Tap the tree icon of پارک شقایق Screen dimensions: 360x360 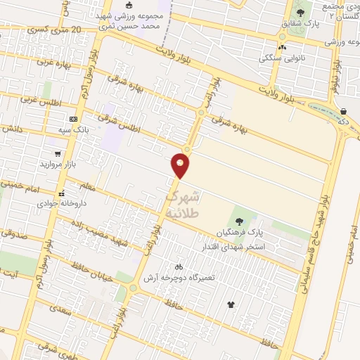click(301, 13)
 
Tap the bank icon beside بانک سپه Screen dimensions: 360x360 click(73, 120)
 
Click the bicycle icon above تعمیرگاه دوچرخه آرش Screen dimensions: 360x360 click(179, 267)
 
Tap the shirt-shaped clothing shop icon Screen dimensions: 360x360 click(231, 304)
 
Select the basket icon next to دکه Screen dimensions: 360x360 click(343, 112)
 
